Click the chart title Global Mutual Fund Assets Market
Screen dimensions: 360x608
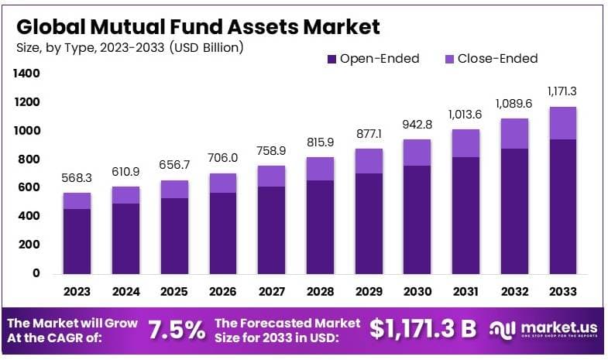198,27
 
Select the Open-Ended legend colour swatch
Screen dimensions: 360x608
332,59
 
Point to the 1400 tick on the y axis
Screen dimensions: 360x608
25,74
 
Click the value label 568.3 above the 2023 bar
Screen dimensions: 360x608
77,178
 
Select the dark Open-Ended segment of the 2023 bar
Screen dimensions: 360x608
77,241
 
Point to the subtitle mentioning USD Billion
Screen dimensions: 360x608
130,48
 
